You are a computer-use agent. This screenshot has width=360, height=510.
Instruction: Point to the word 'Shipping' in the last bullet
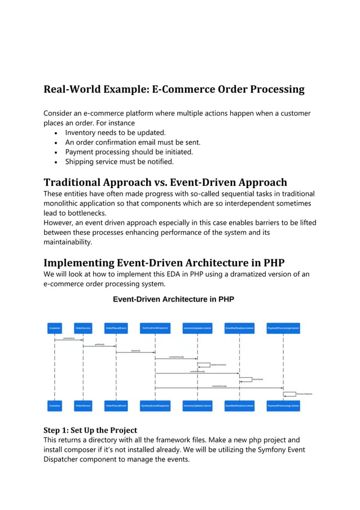point(82,162)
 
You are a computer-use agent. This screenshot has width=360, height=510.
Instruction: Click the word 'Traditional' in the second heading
point(80,182)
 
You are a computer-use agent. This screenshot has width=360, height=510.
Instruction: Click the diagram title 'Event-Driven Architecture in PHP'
point(173,299)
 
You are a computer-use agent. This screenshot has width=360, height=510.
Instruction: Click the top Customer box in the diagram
point(55,327)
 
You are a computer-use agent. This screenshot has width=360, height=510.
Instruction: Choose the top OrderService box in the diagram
point(83,327)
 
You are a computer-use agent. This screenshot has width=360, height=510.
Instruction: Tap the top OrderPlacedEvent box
point(116,327)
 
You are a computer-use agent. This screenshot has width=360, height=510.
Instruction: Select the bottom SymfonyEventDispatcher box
point(155,406)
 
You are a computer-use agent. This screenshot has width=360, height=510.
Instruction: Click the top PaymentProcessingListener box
point(283,327)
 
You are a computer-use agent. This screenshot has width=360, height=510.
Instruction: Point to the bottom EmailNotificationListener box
point(240,406)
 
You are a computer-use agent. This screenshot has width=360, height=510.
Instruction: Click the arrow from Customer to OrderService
point(69,339)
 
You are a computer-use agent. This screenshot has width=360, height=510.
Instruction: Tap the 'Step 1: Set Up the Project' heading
point(90,430)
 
